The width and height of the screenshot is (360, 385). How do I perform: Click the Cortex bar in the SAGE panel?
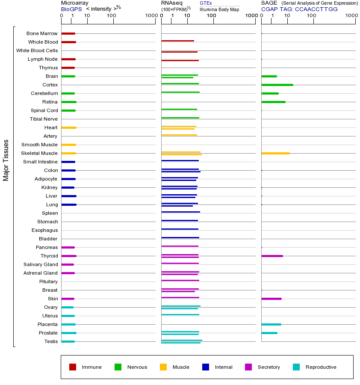[x=277, y=85]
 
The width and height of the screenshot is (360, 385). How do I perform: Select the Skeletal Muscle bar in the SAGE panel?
[x=275, y=153]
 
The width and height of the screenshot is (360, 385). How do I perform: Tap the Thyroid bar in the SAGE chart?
[x=272, y=256]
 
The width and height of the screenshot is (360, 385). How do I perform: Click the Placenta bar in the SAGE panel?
[x=271, y=324]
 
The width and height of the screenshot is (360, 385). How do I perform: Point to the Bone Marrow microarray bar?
[x=68, y=33]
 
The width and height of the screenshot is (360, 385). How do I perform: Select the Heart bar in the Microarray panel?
[x=68, y=127]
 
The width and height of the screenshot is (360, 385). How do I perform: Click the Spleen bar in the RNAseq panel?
[x=180, y=212]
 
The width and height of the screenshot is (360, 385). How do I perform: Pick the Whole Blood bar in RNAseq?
[x=177, y=41]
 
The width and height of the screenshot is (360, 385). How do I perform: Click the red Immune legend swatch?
[x=73, y=367]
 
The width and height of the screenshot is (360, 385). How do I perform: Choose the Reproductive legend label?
[x=321, y=367]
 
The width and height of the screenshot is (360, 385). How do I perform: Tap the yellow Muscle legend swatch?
[x=163, y=367]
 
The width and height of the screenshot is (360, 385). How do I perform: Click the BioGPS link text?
[x=71, y=9]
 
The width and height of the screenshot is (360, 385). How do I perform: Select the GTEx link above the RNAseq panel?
[x=206, y=3]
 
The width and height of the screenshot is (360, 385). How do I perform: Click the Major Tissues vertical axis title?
[x=6, y=160]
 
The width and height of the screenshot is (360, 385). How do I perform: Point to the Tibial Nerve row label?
[x=44, y=119]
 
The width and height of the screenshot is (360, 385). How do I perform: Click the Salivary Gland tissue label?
[x=41, y=264]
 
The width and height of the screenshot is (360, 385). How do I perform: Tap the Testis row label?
[x=51, y=341]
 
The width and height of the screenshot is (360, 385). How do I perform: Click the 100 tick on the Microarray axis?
[x=112, y=16]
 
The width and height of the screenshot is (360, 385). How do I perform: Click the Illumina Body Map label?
[x=219, y=9]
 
